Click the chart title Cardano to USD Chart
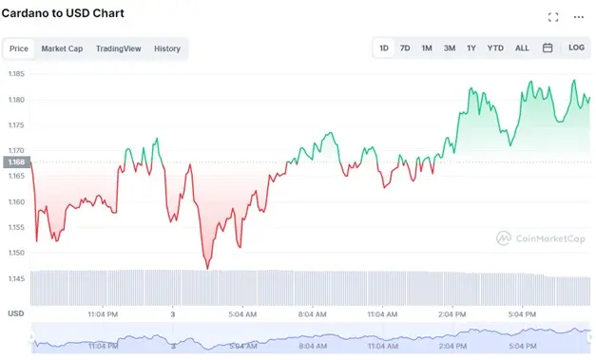(x=63, y=13)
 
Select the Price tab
(x=19, y=48)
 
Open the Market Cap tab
(x=62, y=48)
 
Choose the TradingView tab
(x=118, y=48)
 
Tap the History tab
(x=167, y=48)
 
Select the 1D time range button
(x=384, y=47)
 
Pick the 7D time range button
(x=405, y=47)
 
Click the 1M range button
(x=427, y=47)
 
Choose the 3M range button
(x=449, y=47)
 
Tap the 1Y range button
(x=471, y=47)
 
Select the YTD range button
(x=495, y=47)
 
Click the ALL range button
(x=522, y=47)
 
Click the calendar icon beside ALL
(x=548, y=47)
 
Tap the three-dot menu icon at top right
(x=579, y=17)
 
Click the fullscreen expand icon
(x=553, y=17)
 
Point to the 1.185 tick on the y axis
(x=16, y=74)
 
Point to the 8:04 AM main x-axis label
(x=313, y=313)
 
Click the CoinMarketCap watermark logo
(x=540, y=239)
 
